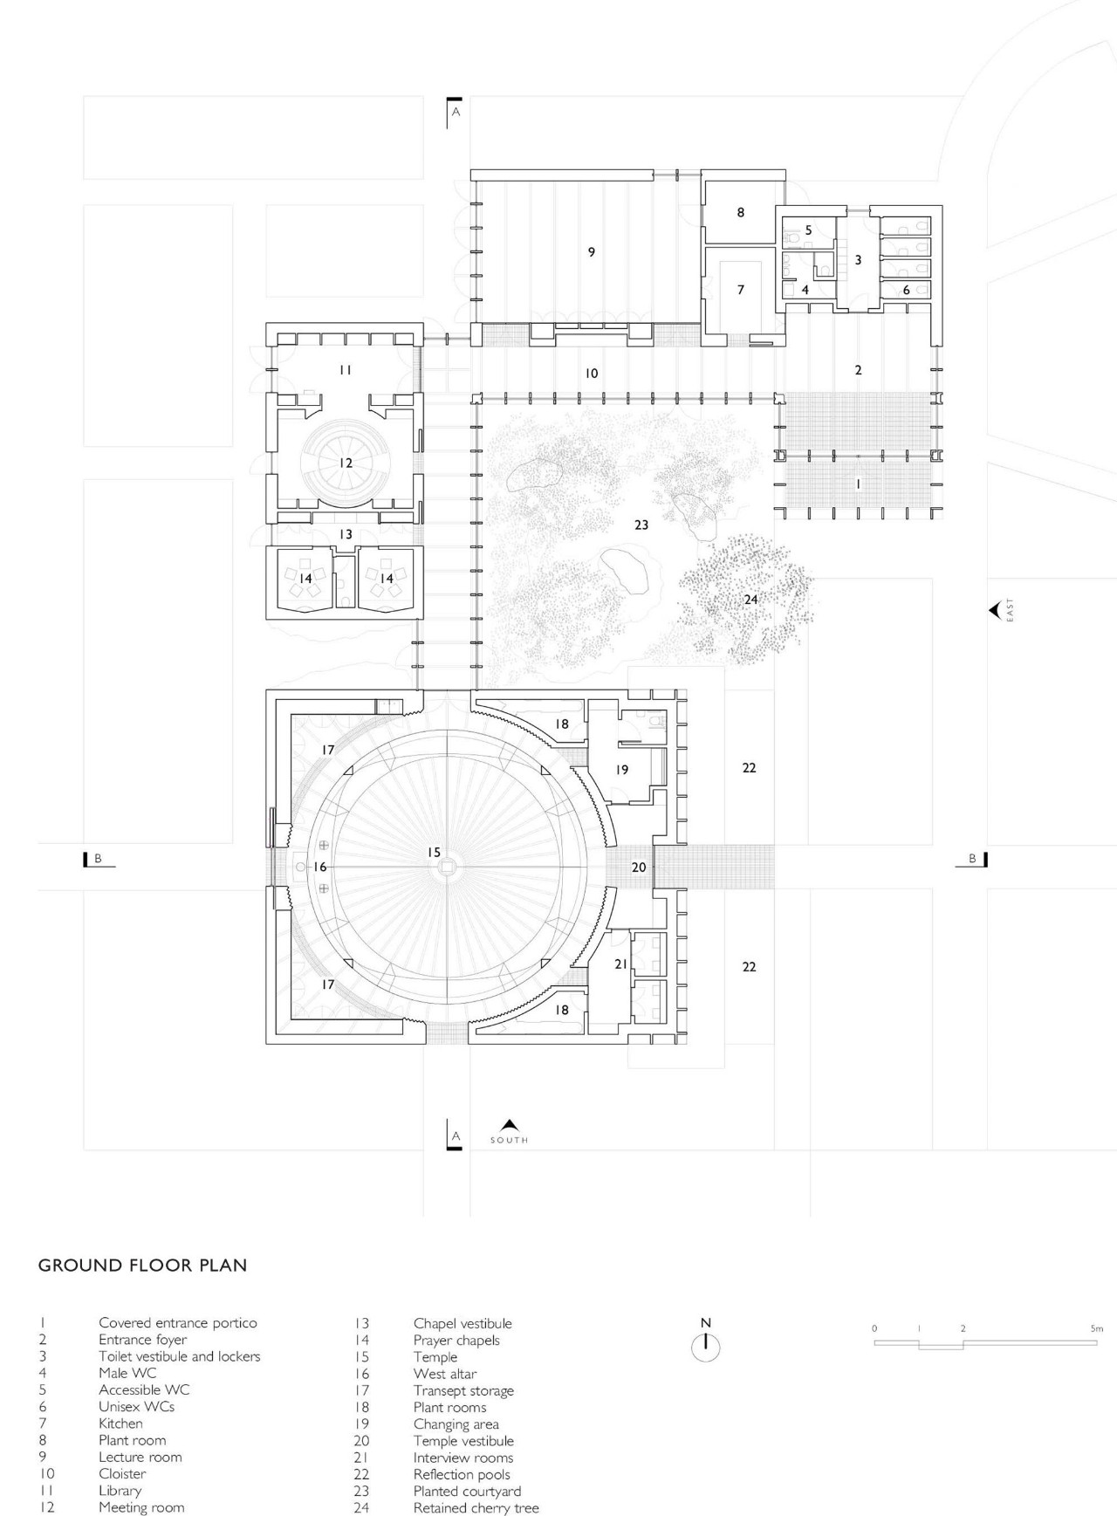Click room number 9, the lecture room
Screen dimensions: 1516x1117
coord(592,252)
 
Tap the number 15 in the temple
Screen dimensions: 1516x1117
coord(434,852)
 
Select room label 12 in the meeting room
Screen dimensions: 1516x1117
coord(346,463)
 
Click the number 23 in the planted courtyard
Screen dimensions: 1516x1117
coord(641,525)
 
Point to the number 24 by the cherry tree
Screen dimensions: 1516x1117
coord(750,600)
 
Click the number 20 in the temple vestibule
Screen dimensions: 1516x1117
coord(639,867)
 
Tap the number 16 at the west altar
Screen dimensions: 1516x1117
coord(319,867)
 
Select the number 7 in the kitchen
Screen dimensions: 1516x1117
coord(741,290)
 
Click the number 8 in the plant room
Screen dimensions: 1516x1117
coord(741,212)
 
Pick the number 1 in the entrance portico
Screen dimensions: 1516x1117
coord(858,484)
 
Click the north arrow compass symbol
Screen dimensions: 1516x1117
coord(706,1347)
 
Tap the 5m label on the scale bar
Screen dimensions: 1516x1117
coord(1096,1328)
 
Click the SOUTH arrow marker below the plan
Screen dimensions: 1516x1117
coord(510,1126)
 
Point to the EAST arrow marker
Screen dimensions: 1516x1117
coord(995,610)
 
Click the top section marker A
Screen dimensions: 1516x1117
coord(455,112)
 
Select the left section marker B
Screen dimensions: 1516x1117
coord(98,859)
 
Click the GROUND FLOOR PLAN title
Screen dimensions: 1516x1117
coord(142,1265)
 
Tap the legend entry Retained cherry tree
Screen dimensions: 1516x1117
coord(476,1507)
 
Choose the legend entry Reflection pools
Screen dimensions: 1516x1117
coord(462,1474)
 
